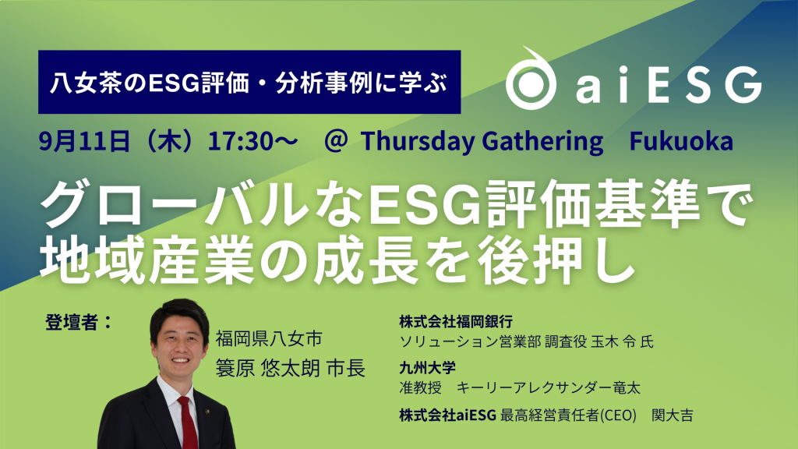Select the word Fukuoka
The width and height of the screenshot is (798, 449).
tap(680, 141)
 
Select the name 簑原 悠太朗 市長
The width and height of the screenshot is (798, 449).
tap(291, 369)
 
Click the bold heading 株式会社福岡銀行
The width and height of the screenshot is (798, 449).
tap(455, 322)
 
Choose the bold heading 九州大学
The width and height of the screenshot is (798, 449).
tap(426, 364)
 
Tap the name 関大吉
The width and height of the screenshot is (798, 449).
tap(670, 415)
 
